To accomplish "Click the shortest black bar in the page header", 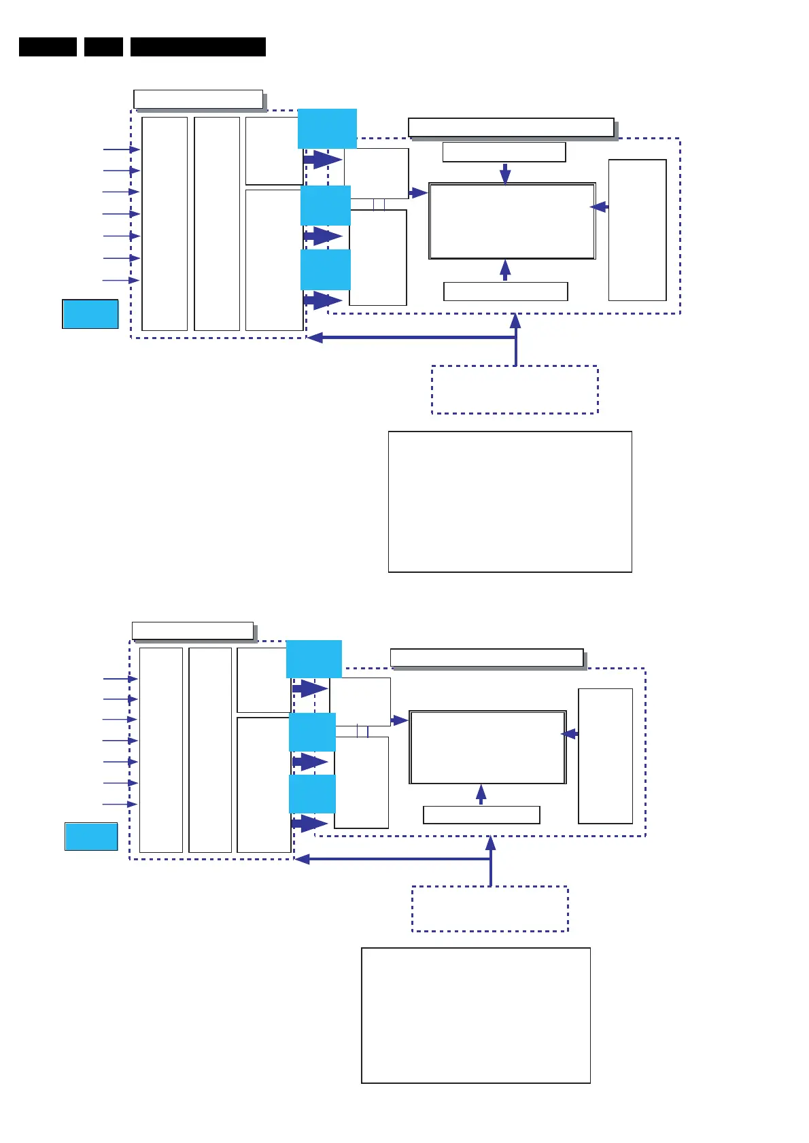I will (x=103, y=47).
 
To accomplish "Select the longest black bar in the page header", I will (x=198, y=47).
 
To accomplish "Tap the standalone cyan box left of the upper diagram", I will (x=90, y=314).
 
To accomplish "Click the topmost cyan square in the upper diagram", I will (x=327, y=128).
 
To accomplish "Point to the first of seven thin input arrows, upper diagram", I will (x=122, y=150).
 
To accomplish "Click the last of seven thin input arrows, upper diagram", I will (x=121, y=280).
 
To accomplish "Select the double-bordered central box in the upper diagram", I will (x=512, y=221).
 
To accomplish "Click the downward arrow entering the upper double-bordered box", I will (x=505, y=173).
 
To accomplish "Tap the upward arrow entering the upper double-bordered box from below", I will (x=505, y=270).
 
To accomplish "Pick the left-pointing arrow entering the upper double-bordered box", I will (x=599, y=207).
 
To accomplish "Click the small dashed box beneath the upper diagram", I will (x=515, y=389).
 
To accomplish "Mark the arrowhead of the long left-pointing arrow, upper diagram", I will (x=314, y=337).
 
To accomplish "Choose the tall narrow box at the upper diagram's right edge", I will (x=637, y=230).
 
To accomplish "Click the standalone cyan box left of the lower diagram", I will (x=91, y=837).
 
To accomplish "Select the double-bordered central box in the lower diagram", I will (x=487, y=748).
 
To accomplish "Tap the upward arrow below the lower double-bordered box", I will (x=481, y=794).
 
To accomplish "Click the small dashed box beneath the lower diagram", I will (x=489, y=909).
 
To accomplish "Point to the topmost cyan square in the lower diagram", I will (x=313, y=658).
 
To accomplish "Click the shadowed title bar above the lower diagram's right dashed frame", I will (x=487, y=658).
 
